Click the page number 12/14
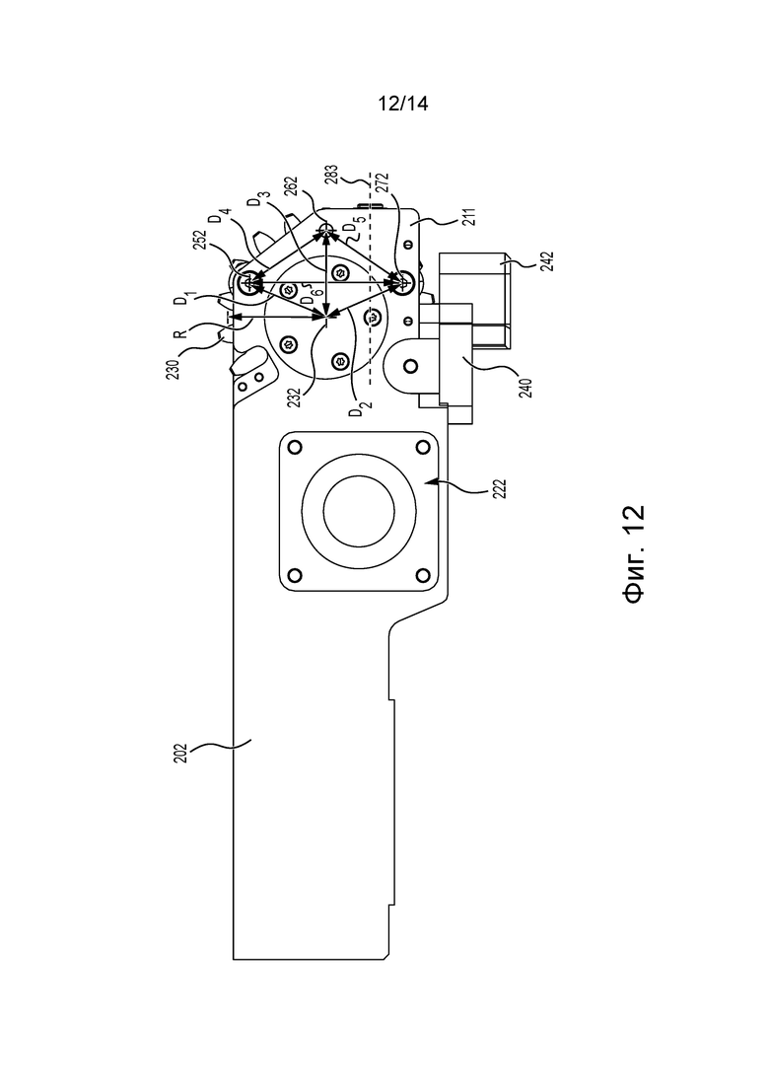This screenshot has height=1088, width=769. click(403, 105)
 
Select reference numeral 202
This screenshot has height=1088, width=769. click(179, 754)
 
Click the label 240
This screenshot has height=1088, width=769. click(525, 386)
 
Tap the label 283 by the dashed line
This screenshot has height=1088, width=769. click(331, 175)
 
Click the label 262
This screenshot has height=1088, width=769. click(291, 188)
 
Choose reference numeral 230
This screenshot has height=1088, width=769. click(173, 368)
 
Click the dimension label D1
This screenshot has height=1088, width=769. click(182, 298)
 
